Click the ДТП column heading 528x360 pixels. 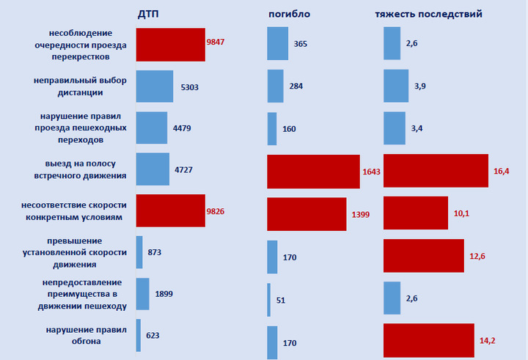(x=149, y=15)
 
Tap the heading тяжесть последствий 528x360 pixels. (x=428, y=15)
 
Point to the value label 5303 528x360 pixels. (x=189, y=87)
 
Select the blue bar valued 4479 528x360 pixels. (x=151, y=128)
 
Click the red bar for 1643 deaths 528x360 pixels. (x=313, y=172)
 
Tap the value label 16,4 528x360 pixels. (x=502, y=172)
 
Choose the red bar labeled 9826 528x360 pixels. (x=170, y=212)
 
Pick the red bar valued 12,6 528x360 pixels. (x=423, y=255)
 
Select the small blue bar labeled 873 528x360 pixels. (x=139, y=252)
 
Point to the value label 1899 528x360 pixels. (x=165, y=294)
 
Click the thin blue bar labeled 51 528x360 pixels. (x=269, y=299)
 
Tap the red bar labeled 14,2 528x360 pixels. (x=429, y=340)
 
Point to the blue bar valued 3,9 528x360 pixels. (x=396, y=87)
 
